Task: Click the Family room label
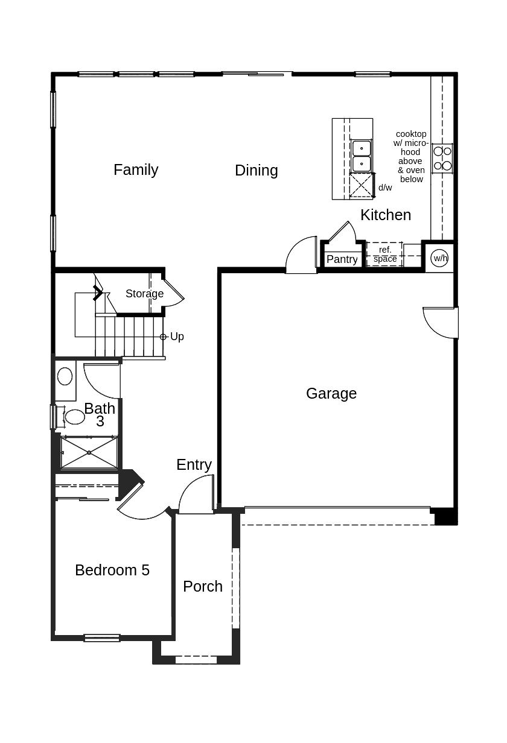[x=136, y=170]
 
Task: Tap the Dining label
[x=257, y=171]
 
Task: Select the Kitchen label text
[x=386, y=215]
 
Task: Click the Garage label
[x=331, y=394]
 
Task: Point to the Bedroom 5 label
[x=112, y=571]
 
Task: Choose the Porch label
[x=203, y=587]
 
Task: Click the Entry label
[x=194, y=465]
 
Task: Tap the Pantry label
[x=342, y=259]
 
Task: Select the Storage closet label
[x=144, y=294]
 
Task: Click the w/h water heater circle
[x=440, y=258]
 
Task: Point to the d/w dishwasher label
[x=385, y=188]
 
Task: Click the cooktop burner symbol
[x=442, y=158]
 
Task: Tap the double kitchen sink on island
[x=361, y=156]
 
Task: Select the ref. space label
[x=385, y=255]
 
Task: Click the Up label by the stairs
[x=177, y=337]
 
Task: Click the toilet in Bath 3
[x=74, y=416]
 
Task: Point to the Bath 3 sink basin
[x=65, y=377]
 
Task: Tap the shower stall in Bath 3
[x=89, y=452]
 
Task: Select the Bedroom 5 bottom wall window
[x=101, y=637]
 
